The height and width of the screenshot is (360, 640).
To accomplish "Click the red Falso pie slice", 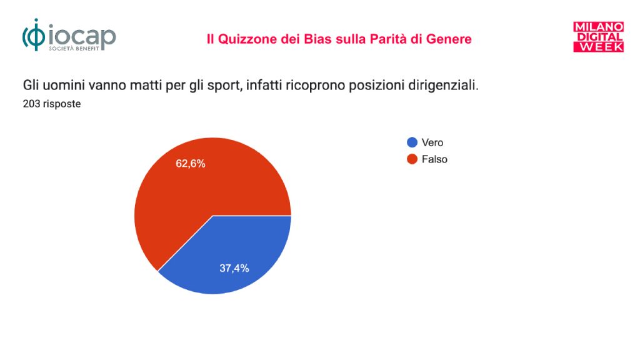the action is click(196, 187).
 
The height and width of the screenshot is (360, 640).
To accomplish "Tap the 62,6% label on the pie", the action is click(191, 164).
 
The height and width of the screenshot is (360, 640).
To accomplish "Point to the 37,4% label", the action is click(234, 268).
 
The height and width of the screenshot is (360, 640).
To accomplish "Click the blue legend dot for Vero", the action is click(412, 142).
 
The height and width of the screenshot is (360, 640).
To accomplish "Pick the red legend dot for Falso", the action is click(412, 159).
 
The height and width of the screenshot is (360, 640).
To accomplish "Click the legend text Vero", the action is click(432, 142).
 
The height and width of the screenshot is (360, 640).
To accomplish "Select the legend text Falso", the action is click(434, 159).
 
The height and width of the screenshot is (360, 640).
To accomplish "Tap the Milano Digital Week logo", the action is click(598, 37).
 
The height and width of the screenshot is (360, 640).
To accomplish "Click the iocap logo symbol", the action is click(34, 35).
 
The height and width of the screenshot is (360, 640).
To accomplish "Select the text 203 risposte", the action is click(52, 104).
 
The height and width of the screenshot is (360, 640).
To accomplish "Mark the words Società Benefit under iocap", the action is click(74, 49).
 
